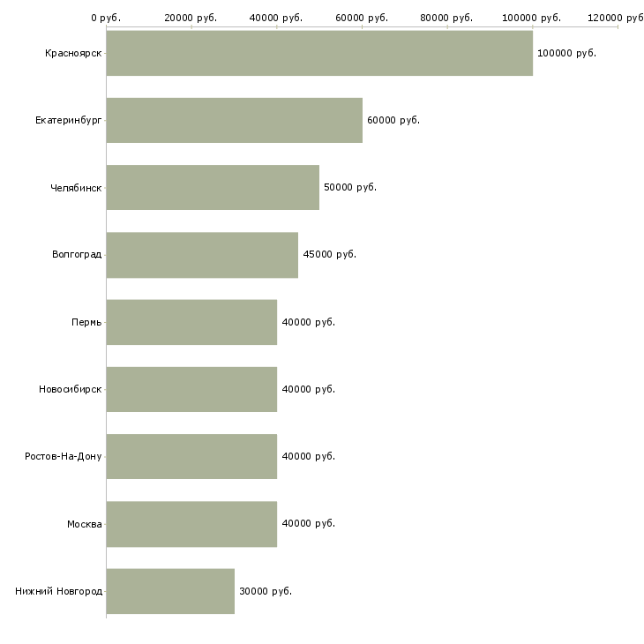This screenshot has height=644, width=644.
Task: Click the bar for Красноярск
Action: [319, 53]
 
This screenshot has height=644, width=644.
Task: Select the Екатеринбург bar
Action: [235, 120]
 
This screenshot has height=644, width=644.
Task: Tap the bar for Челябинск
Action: [213, 187]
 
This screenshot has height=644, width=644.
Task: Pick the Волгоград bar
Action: [202, 255]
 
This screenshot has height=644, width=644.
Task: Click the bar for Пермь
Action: [191, 322]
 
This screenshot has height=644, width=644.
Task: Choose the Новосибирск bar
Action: [191, 389]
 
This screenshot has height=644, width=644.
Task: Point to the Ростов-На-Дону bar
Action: [191, 456]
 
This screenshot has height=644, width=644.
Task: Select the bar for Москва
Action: [191, 524]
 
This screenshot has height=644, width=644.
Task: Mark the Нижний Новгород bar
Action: [170, 591]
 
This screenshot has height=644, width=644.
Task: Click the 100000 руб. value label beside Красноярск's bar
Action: [566, 54]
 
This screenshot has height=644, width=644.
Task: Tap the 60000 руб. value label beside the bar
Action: [393, 120]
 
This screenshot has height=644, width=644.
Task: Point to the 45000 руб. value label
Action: [330, 255]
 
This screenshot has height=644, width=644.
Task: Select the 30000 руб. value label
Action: [266, 591]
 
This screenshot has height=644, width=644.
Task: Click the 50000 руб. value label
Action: [350, 188]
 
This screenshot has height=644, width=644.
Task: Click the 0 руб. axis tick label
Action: [106, 18]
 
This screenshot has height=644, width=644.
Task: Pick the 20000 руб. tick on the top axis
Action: [191, 18]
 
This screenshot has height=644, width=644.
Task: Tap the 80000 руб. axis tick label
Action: [446, 18]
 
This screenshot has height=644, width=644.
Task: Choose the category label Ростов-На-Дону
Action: [64, 457]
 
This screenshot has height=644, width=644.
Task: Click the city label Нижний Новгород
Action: [59, 591]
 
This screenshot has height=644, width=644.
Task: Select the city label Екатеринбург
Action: [69, 120]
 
